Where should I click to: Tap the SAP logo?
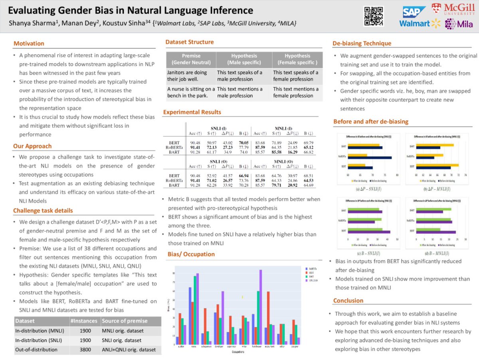click(414, 12)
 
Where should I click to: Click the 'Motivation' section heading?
click(29, 44)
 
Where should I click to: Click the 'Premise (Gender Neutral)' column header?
click(191, 59)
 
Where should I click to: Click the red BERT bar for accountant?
click(268, 318)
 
